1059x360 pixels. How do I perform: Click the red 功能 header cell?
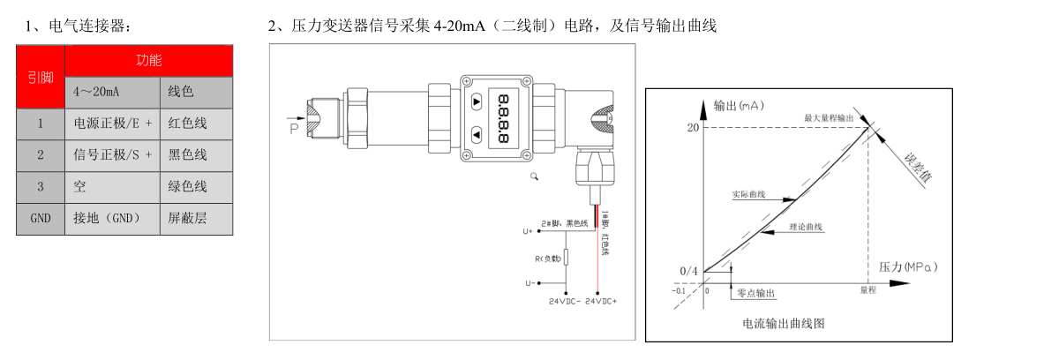click(x=148, y=61)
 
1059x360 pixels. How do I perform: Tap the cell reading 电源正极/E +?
click(x=112, y=124)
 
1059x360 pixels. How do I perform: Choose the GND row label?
click(x=40, y=218)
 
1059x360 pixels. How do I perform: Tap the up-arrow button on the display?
click(x=477, y=101)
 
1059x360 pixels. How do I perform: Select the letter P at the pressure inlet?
click(x=294, y=129)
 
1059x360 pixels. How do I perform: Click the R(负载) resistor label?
click(x=549, y=258)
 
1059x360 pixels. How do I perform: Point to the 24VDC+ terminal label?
click(x=601, y=301)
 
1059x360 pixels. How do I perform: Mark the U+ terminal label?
click(x=528, y=231)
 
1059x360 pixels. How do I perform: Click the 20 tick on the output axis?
click(x=693, y=127)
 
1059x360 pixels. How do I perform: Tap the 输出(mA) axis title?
click(x=738, y=106)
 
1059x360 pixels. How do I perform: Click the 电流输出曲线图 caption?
click(x=784, y=323)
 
